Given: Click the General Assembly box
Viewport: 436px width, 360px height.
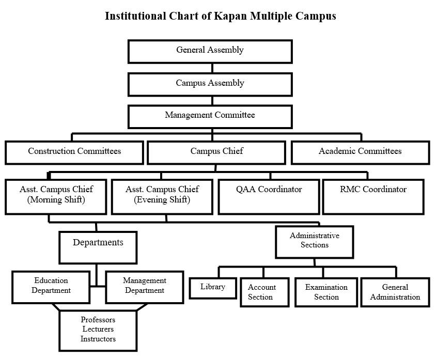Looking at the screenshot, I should [210, 51].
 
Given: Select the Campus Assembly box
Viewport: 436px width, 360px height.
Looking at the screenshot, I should [210, 84].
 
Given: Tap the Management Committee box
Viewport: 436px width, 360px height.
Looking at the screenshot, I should [210, 116].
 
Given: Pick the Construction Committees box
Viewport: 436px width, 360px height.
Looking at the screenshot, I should [74, 152].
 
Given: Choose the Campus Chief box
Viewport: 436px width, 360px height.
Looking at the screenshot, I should [216, 152].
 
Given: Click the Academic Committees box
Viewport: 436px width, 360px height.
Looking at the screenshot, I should [360, 152].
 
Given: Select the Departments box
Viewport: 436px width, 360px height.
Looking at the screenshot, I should [98, 247].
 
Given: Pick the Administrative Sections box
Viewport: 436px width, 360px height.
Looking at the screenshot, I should [314, 241].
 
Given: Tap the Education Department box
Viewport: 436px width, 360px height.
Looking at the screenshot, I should [51, 287].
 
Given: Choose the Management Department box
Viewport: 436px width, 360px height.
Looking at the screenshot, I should [145, 287].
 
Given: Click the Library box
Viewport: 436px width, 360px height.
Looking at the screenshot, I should [213, 288].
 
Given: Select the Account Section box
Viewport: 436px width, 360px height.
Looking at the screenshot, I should [264, 292].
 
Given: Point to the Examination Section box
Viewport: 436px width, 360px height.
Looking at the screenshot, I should [326, 292].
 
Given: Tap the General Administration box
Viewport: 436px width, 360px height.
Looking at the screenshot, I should [395, 292].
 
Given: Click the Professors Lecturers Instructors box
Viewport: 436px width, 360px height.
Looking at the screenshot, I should [98, 330].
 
